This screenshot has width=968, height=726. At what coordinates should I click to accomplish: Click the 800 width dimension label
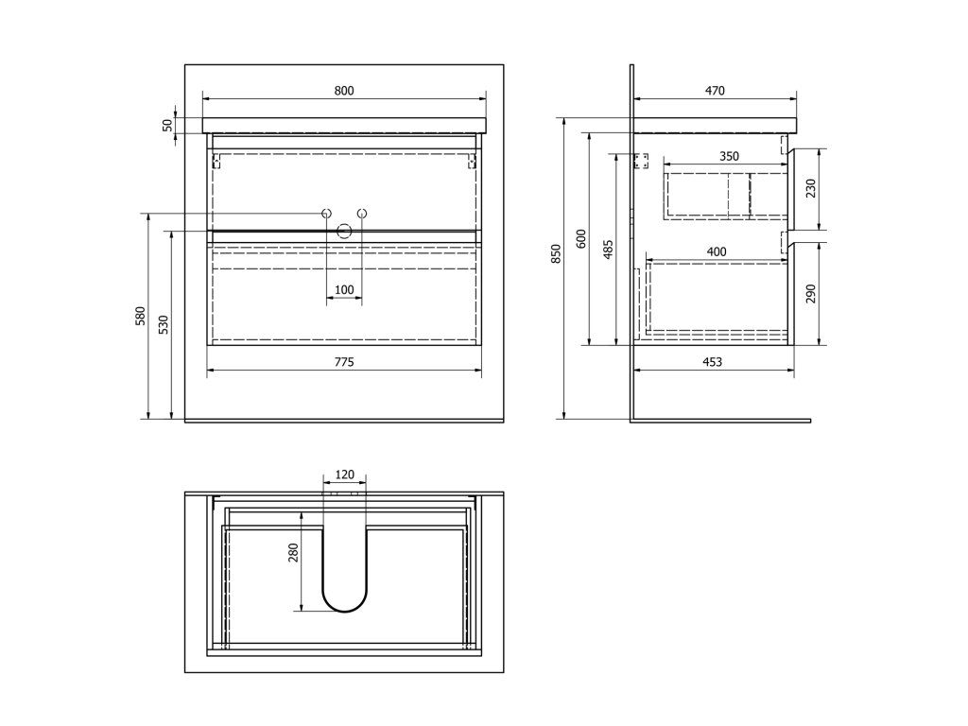(344, 91)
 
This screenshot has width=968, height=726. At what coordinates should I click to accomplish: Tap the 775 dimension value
(344, 362)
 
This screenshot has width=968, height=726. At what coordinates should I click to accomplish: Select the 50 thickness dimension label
(168, 125)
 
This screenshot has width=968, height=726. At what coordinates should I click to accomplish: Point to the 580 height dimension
(140, 315)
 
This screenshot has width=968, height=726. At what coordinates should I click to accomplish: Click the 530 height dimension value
(164, 324)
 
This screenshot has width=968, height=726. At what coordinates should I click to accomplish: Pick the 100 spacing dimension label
(344, 289)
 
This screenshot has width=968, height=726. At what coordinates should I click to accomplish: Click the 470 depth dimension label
(715, 91)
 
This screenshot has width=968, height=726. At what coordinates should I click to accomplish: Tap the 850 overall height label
(556, 253)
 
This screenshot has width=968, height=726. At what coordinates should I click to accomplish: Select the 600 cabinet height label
(582, 238)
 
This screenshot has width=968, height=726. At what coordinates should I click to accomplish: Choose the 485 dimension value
(608, 249)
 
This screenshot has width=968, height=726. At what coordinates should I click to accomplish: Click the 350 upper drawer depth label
(728, 157)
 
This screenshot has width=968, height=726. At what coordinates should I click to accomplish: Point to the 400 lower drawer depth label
(717, 251)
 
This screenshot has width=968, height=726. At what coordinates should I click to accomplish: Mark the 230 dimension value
(810, 190)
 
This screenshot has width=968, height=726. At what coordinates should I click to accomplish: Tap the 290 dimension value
(810, 294)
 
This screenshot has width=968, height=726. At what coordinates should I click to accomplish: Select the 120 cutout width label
(344, 475)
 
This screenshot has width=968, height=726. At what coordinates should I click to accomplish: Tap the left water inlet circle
(326, 214)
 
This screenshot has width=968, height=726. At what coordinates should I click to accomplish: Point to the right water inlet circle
(361, 214)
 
